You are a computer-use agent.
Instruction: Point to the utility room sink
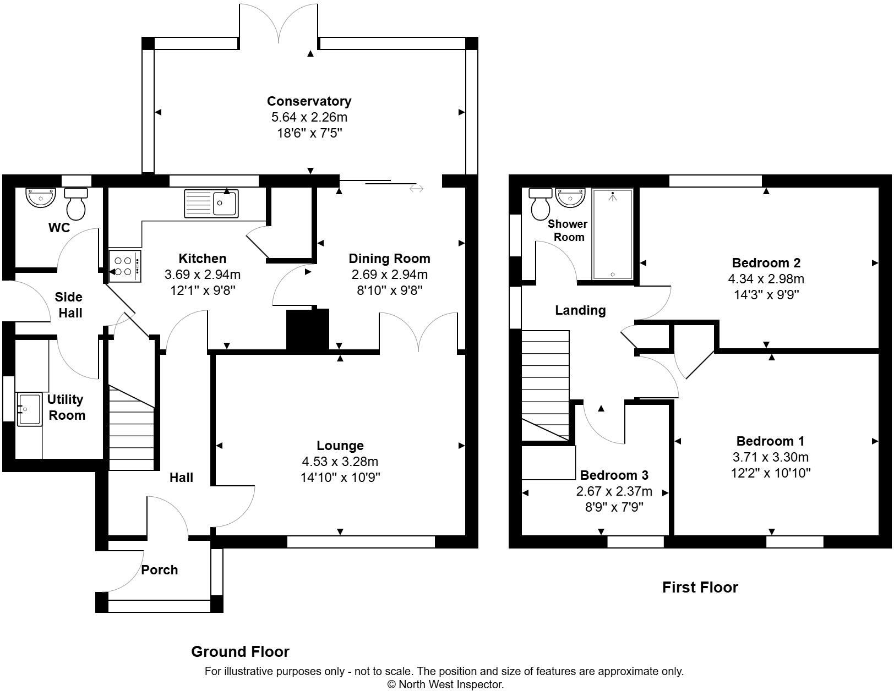coord(29,409)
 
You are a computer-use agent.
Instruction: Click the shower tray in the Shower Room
coord(613,234)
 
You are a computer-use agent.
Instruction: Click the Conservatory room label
coord(309,101)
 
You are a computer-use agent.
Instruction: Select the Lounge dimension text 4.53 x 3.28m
coord(340,462)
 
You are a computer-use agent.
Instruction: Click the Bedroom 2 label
coord(766,262)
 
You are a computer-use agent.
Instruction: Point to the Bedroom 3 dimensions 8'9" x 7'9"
coord(614,506)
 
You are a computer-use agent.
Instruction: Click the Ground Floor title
coord(240,652)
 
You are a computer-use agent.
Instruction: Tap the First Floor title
coord(700,588)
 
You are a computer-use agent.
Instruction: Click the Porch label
coord(160,570)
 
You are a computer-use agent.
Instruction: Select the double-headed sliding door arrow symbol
coord(416,189)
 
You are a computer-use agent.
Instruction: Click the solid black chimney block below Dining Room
coord(307,330)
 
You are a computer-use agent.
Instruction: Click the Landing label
coord(580,310)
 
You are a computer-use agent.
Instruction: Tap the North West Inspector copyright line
coord(445,684)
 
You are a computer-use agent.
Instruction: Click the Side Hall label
coord(69,305)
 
